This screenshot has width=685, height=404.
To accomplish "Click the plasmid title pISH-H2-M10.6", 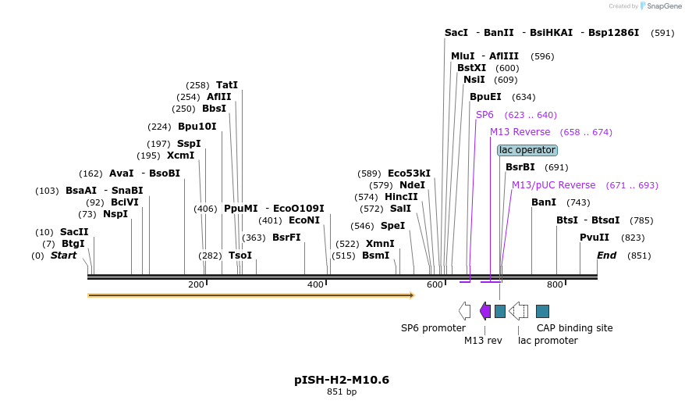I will click(x=342, y=380).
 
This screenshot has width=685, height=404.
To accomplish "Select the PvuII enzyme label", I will click(x=594, y=238).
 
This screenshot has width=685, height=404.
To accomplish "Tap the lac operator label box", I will click(x=527, y=150).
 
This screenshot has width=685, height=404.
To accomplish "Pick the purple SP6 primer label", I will click(x=484, y=115).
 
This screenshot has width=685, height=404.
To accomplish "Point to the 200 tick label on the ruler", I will click(x=196, y=284).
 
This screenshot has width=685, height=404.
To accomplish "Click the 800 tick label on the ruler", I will click(x=555, y=284).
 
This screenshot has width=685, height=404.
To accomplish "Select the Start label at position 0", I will click(x=63, y=256).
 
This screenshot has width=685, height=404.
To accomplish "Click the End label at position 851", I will click(x=606, y=256).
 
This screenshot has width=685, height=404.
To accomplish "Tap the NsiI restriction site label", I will click(x=474, y=80).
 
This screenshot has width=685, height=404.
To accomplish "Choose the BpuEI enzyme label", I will click(x=485, y=97).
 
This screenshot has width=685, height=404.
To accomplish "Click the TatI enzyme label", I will click(x=227, y=85).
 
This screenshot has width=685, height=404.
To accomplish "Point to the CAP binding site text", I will click(x=574, y=328).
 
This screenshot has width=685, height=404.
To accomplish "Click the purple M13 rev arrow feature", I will click(x=485, y=311).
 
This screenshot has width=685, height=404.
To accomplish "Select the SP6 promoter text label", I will click(x=433, y=328).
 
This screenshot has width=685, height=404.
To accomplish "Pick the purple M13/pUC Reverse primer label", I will click(x=553, y=185).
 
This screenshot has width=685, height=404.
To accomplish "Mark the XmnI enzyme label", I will click(x=380, y=244).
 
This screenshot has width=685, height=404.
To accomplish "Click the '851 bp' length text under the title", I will click(x=342, y=392).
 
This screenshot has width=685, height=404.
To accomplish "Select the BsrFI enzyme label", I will click(x=286, y=238).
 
